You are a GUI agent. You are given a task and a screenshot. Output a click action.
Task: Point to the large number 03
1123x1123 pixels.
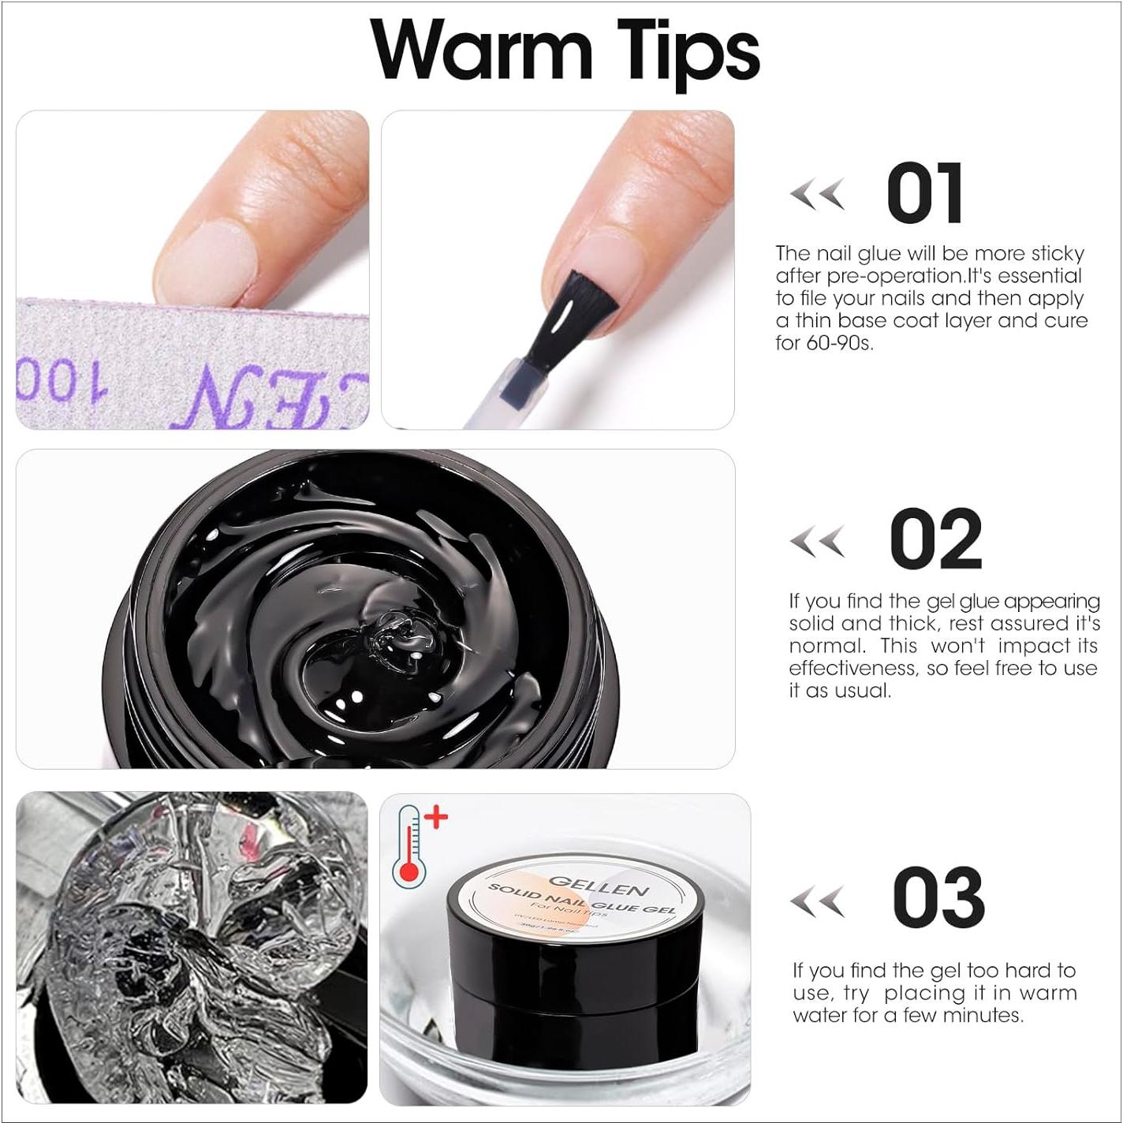[x=938, y=897]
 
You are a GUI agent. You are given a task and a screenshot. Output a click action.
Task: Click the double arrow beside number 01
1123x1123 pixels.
[x=817, y=194]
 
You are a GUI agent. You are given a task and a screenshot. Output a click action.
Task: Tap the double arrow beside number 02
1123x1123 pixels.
[x=817, y=541]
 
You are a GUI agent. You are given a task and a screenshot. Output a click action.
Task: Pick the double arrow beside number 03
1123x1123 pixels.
[x=817, y=901]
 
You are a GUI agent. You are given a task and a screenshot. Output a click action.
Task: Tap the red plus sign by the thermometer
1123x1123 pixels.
[x=436, y=817]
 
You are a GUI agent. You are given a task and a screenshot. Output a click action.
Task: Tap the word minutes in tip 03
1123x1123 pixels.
[x=986, y=1015]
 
